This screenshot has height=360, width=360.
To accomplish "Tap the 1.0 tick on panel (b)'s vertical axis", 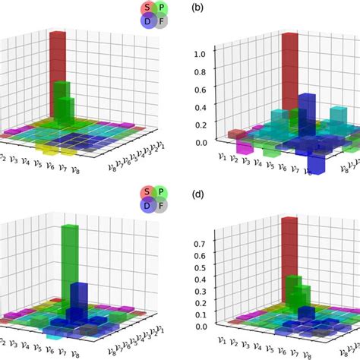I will coord(200,54).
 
